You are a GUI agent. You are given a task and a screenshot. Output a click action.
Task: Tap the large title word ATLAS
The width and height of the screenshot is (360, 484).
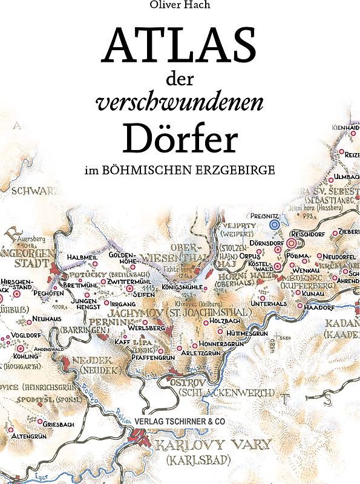point(180,47)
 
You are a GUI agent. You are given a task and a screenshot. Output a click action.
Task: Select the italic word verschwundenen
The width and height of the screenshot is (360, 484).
point(180,103)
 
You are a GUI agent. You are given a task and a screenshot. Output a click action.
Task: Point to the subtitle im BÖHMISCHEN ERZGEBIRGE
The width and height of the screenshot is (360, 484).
point(180,171)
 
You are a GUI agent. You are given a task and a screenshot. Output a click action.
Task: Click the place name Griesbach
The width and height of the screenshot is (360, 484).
point(59,425)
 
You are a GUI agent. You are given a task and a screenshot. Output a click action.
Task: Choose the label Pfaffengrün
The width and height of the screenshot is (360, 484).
point(140,358)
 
